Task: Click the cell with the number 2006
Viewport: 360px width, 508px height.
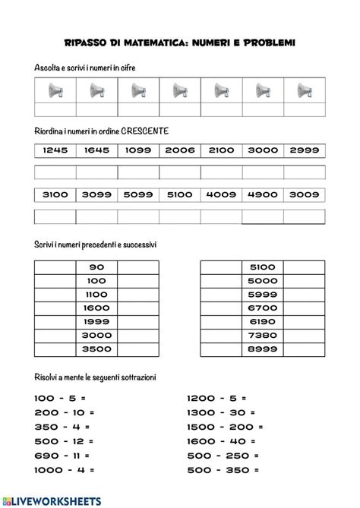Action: coord(181,150)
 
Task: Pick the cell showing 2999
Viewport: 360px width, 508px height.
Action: coord(305,150)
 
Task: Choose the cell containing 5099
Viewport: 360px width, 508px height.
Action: coord(139,194)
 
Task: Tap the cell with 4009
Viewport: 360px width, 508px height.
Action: coord(222,194)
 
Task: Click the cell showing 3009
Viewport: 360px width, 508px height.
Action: coord(305,194)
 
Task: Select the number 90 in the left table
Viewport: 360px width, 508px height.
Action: coord(96,267)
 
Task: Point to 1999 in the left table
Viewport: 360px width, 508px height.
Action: coord(96,322)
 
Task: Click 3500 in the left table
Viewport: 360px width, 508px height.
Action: coord(96,349)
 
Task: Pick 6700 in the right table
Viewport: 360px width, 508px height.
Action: coord(262,308)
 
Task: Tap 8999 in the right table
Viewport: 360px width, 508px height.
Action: coord(262,349)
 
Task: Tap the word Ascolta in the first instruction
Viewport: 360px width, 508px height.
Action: coord(47,68)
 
